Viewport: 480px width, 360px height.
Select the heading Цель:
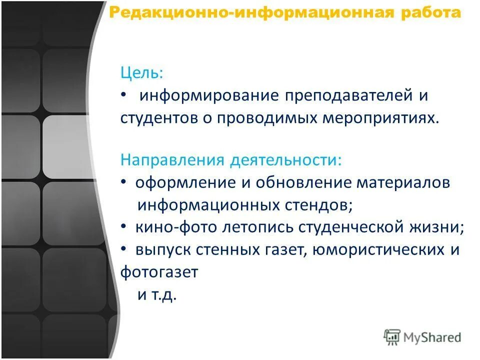pos(141,73)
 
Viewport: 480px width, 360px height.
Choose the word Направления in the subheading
pos(171,161)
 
